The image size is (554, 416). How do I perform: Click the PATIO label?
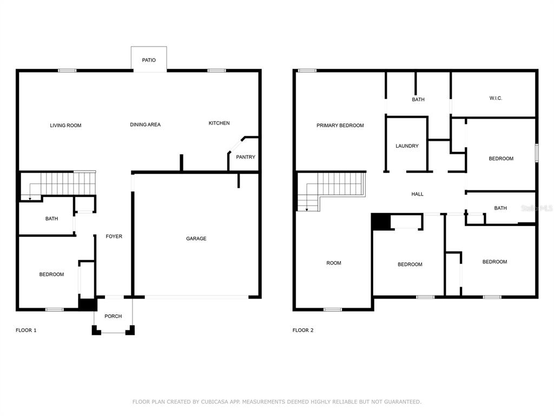149,60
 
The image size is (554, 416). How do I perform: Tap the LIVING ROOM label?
65,125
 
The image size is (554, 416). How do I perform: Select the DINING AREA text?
145,125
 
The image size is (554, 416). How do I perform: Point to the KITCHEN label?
219,123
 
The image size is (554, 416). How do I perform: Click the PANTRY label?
246,157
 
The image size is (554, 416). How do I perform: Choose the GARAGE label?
196,238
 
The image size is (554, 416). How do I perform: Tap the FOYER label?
114,236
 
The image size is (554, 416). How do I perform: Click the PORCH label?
113,316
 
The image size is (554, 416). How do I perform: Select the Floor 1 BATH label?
51,219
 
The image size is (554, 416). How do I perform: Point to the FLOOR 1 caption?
26,330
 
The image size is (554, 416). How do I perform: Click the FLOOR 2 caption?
303,330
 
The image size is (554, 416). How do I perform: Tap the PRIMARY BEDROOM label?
340,125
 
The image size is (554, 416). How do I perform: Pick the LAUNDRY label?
407,146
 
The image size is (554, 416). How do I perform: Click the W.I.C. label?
496,98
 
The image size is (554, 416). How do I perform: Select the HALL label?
417,194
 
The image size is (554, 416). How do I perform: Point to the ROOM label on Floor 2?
334,263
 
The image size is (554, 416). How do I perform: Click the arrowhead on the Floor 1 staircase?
30,199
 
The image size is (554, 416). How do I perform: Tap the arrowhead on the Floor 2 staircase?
307,210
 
